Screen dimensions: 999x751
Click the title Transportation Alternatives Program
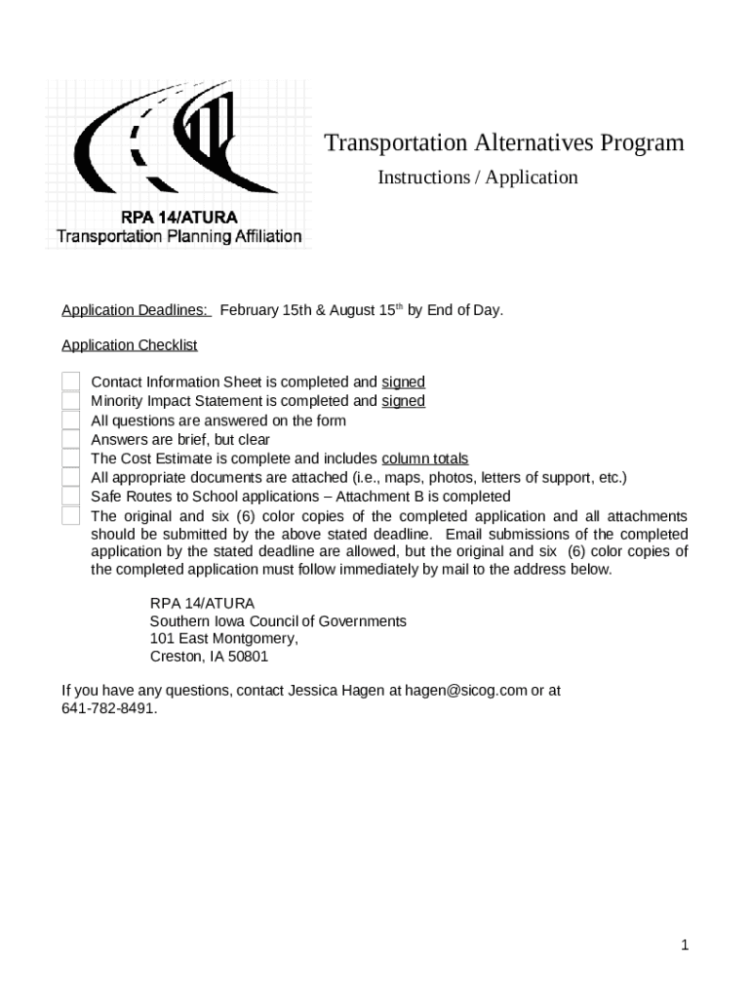point(503,143)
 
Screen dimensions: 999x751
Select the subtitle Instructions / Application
point(477,178)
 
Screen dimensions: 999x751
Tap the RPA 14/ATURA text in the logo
point(178,217)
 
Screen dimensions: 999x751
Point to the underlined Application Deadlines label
point(136,310)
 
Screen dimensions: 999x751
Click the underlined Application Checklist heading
point(129,345)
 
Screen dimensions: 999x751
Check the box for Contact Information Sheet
point(70,382)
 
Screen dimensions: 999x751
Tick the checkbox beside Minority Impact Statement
point(70,401)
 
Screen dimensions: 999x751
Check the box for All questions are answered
point(70,420)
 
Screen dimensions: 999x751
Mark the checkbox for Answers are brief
point(70,439)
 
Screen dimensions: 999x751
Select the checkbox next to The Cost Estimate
point(70,459)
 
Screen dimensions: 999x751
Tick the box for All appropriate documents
point(70,477)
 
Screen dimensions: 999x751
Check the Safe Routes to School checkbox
point(70,497)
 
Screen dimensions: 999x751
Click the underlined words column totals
point(424,459)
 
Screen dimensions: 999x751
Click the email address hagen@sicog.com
point(465,691)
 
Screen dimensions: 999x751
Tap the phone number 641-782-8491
point(107,709)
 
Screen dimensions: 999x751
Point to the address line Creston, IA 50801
point(209,657)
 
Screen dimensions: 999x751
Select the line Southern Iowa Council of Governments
point(278,621)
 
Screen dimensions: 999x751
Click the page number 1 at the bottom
point(685,944)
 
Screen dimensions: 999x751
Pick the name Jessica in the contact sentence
point(314,691)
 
